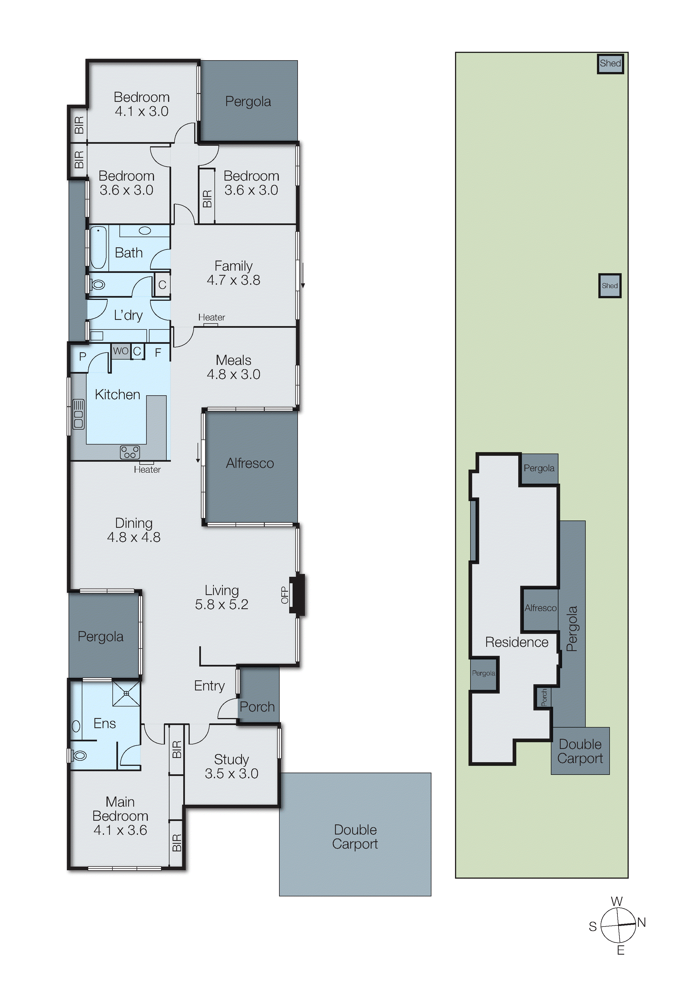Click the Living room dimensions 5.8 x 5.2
[221, 604]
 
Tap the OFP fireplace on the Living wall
[296, 595]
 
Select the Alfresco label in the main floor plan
[250, 463]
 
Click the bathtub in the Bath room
[98, 248]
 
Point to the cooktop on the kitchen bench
[130, 452]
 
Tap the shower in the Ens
[126, 693]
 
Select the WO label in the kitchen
[121, 351]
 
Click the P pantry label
[82, 356]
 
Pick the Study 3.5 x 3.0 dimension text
[232, 773]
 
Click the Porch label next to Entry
[257, 707]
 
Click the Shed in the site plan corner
[610, 64]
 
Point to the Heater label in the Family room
[211, 317]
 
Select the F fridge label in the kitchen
[158, 353]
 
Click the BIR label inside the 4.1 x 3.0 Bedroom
[79, 125]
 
